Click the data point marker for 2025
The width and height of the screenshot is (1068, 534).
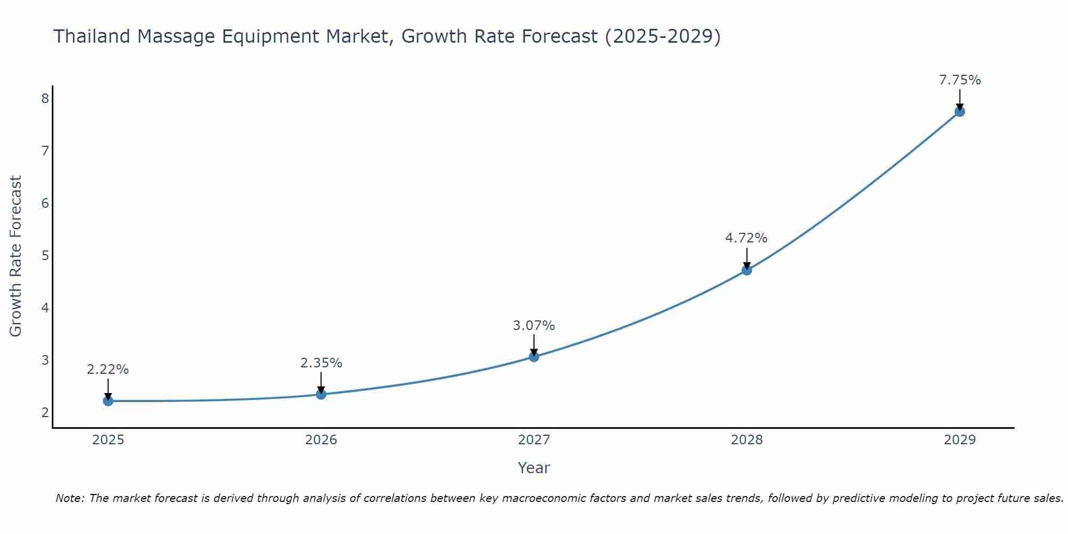point(108,401)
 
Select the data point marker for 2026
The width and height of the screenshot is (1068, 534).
point(321,394)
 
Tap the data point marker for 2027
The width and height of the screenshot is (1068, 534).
point(534,357)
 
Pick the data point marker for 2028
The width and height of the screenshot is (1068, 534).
point(747,270)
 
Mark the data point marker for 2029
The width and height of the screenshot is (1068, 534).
point(960,112)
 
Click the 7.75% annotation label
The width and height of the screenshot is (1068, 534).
point(960,80)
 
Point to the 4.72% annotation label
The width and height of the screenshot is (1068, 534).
point(746,238)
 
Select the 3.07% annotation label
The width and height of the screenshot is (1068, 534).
point(533,325)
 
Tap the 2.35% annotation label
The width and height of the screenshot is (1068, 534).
point(321,363)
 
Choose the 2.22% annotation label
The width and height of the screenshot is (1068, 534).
point(108,370)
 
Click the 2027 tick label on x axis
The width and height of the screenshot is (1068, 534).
point(534,440)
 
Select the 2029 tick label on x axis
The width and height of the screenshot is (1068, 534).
point(960,440)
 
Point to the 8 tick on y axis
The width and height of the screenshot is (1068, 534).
point(45,98)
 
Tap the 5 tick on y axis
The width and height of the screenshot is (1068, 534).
point(45,255)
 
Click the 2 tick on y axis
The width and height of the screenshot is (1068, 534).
point(45,412)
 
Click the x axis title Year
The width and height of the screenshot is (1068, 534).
point(533,468)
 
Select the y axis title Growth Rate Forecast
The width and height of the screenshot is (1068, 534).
point(16,256)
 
